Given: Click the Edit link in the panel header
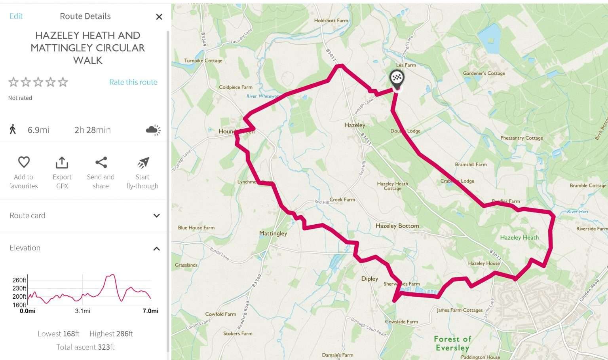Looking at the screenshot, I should [x=16, y=16].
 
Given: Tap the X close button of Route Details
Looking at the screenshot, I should [x=159, y=17].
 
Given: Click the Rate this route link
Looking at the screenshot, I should [x=133, y=82].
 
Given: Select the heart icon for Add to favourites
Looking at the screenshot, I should [x=24, y=162].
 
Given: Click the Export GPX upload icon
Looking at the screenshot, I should [x=62, y=162].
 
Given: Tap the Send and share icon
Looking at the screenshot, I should [x=101, y=162].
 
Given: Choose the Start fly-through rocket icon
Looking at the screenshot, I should [x=143, y=162].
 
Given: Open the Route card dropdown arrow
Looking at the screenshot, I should [x=156, y=216].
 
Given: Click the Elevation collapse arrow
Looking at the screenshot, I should [x=156, y=248].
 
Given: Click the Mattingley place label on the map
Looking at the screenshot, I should [x=273, y=233].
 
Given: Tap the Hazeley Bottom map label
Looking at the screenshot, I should [x=397, y=226].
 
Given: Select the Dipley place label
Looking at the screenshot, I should [x=369, y=279].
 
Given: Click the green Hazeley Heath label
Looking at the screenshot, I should [x=519, y=238].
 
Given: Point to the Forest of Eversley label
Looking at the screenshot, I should [x=452, y=343].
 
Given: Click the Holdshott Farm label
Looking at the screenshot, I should [x=331, y=21].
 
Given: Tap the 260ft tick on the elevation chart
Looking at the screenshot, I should [x=19, y=280].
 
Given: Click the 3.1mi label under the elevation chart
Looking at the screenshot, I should [x=82, y=311].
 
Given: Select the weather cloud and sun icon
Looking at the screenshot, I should [x=153, y=130].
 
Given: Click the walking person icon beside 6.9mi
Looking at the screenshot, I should [x=13, y=129].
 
